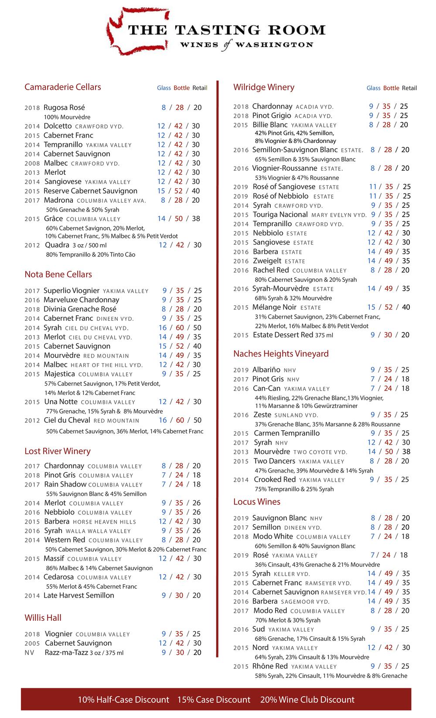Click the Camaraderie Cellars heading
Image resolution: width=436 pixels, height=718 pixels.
coord(63,87)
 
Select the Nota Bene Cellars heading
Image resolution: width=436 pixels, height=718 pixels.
coord(58,274)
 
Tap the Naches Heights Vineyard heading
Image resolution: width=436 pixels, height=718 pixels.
coord(281,354)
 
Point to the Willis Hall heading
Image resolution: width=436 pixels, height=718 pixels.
coord(43,617)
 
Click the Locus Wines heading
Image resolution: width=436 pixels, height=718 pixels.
coord(257,501)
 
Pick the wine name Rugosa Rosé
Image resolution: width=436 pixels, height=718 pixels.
coord(65,107)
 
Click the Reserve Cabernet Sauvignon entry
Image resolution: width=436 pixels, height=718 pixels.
coord(90,191)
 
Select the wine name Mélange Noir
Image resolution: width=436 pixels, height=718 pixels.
coord(275,307)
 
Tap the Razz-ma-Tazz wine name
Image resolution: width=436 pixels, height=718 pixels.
coord(66,652)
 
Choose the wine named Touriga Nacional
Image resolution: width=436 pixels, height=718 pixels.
coord(280,214)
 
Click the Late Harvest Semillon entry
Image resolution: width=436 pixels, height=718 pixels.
coord(79,595)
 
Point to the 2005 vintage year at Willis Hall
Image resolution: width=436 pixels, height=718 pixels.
coord(32,643)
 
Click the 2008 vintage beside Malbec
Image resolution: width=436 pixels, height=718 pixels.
coord(32,163)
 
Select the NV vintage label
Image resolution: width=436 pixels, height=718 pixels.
coord(29,653)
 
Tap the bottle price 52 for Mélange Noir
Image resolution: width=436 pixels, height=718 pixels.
coord(388,307)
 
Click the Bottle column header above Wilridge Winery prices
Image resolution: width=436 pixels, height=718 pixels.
coord(391,88)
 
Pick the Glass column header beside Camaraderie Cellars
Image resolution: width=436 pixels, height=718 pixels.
coord(164,88)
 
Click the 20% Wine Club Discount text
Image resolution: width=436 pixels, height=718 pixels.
coord(307,699)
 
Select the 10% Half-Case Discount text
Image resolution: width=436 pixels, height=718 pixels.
coord(123,699)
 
